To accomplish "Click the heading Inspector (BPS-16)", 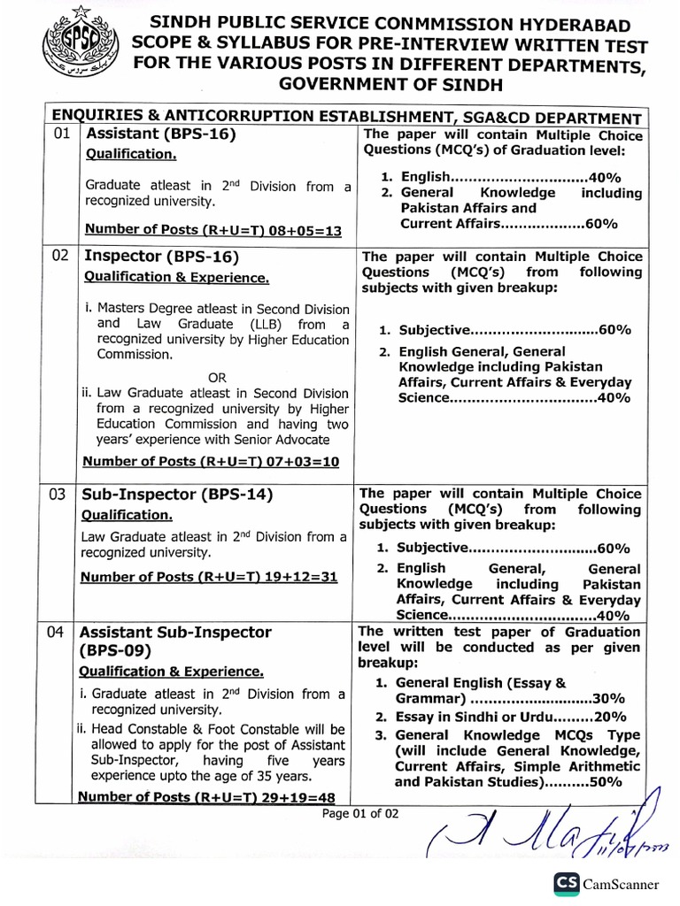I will coord(161,257).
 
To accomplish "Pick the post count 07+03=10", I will coord(302,461).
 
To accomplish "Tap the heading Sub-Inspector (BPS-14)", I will coord(176,495).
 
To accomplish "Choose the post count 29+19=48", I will coord(300,796).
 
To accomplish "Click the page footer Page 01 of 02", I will coord(361,812).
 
